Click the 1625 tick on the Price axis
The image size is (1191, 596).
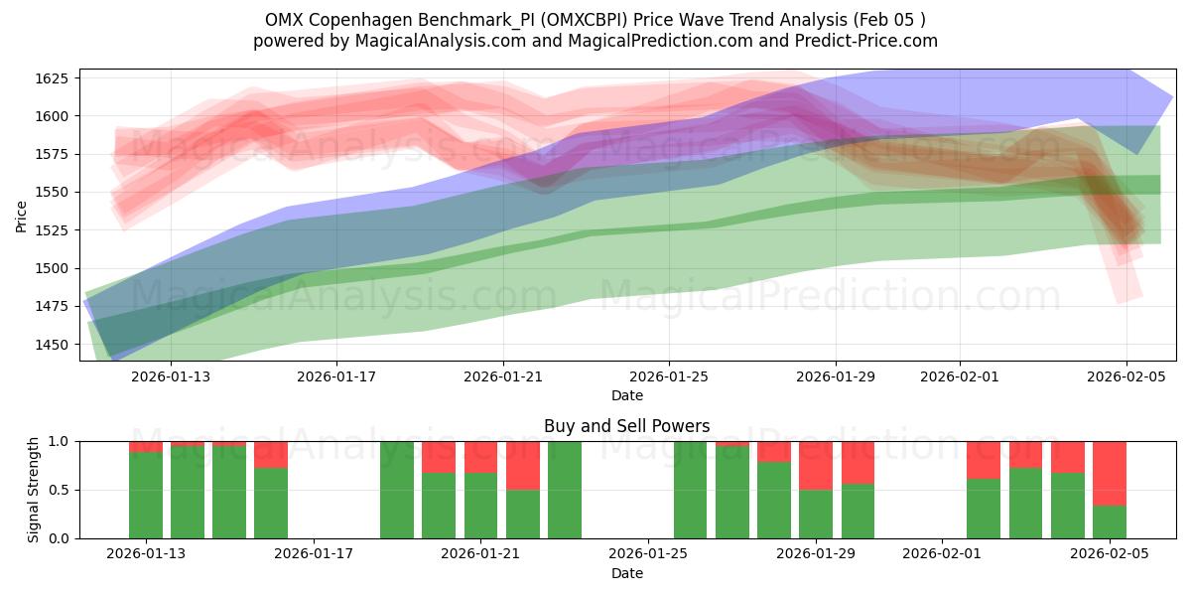coord(51,77)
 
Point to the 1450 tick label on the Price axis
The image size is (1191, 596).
coord(51,345)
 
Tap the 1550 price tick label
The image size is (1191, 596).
coord(51,192)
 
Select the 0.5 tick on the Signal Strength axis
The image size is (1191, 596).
coord(59,490)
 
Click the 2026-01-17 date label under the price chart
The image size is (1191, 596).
coord(336,376)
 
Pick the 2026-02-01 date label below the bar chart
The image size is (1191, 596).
coord(940,554)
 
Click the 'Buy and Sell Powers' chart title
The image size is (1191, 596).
coord(626,426)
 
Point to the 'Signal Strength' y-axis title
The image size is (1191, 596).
coord(34,489)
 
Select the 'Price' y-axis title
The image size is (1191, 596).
coord(22,215)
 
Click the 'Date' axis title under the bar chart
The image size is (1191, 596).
coord(626,573)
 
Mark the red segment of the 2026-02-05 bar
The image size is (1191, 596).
coord(1110,473)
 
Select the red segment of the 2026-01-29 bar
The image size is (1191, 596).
coord(816,465)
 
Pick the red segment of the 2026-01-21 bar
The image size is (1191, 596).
coord(481,457)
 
